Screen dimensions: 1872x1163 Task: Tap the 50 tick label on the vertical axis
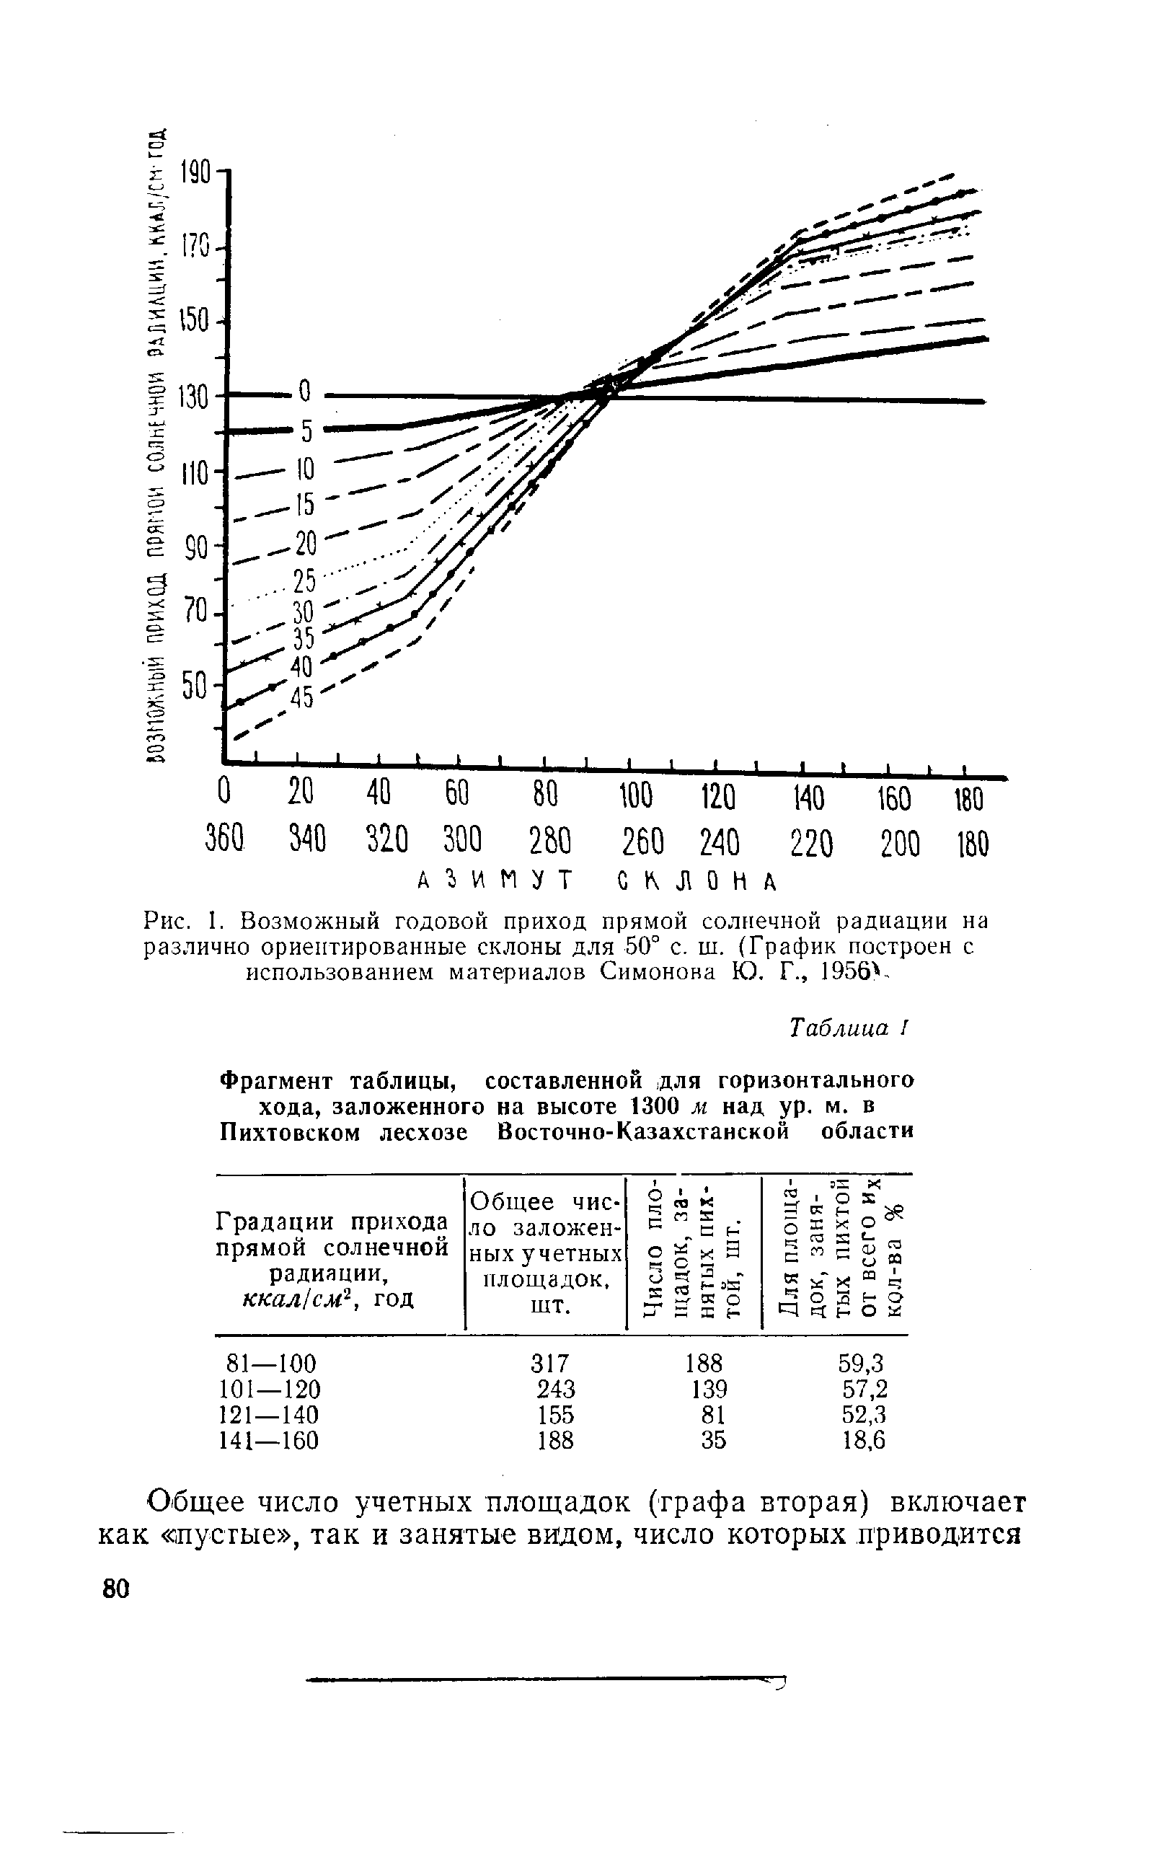[195, 685]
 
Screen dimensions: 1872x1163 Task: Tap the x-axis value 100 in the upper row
[635, 798]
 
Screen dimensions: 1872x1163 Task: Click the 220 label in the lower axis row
[810, 845]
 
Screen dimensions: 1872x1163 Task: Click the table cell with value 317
[550, 1364]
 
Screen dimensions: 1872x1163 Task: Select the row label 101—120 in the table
[269, 1389]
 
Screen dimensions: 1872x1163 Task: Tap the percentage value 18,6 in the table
[864, 1440]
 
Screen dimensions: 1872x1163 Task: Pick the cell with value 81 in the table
[714, 1414]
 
